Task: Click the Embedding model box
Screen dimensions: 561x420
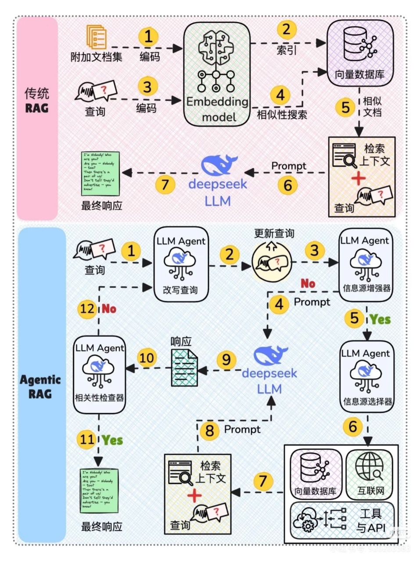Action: point(216,75)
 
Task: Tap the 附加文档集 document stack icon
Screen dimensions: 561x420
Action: point(97,37)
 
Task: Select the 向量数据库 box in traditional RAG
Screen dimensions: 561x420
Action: point(360,53)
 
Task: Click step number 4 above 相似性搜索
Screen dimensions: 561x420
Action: point(280,95)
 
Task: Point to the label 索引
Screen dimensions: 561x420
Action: point(287,50)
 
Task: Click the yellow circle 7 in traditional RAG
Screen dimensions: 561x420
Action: point(165,184)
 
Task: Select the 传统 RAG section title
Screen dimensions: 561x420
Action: point(37,100)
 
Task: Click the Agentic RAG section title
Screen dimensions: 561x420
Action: point(40,386)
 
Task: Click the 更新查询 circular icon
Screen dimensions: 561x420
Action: point(272,263)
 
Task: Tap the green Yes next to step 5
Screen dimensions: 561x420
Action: point(380,319)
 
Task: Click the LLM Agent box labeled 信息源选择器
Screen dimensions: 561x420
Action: point(367,377)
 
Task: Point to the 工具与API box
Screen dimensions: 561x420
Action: point(342,521)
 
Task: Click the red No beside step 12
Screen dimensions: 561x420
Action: point(109,309)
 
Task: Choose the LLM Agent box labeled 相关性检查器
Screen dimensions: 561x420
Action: point(100,375)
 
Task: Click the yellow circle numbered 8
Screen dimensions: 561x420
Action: point(209,430)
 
